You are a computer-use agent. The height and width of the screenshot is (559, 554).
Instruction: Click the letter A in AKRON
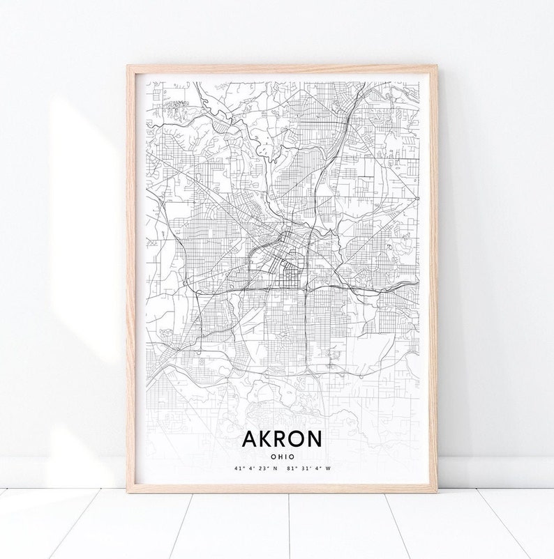click(x=249, y=439)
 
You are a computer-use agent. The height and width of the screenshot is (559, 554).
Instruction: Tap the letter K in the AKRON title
click(x=266, y=439)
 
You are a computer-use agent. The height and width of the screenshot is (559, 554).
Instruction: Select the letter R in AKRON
click(x=282, y=439)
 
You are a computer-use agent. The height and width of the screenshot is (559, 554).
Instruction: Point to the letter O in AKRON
click(x=299, y=439)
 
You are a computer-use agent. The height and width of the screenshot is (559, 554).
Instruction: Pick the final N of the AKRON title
click(x=316, y=439)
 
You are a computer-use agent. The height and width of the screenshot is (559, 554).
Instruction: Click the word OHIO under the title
click(x=282, y=457)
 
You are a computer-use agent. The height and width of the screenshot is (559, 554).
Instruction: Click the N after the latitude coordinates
click(x=276, y=469)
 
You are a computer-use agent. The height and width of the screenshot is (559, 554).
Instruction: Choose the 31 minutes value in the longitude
click(x=305, y=469)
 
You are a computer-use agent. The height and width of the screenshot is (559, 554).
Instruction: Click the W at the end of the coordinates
click(x=328, y=469)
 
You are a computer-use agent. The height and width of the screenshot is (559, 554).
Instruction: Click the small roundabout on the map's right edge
click(x=417, y=197)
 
